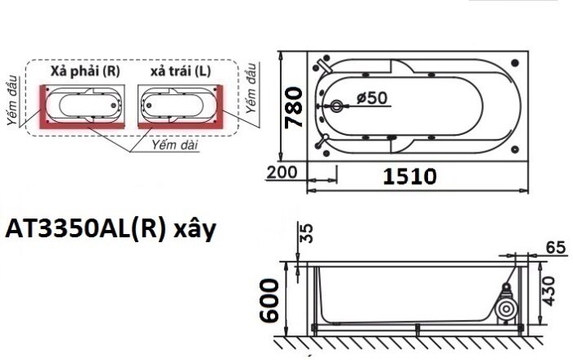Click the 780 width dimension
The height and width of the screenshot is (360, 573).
coord(296,108)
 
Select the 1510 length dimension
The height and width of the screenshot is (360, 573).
coord(410,175)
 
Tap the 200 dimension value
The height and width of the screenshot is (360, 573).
coord(282,173)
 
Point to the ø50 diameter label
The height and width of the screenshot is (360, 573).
coord(372,97)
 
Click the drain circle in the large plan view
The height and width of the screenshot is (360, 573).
coord(336,106)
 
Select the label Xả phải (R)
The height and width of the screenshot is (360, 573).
coord(86,71)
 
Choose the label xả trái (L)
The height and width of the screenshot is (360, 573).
coord(180,71)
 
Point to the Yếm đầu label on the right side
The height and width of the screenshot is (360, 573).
coord(251,88)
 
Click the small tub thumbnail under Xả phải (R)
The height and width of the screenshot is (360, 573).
coord(84,105)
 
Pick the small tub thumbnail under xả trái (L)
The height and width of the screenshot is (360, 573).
coord(179,105)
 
